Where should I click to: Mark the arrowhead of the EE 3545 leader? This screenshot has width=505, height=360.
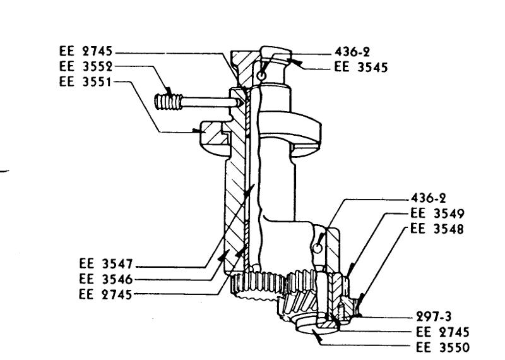[292, 61]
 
